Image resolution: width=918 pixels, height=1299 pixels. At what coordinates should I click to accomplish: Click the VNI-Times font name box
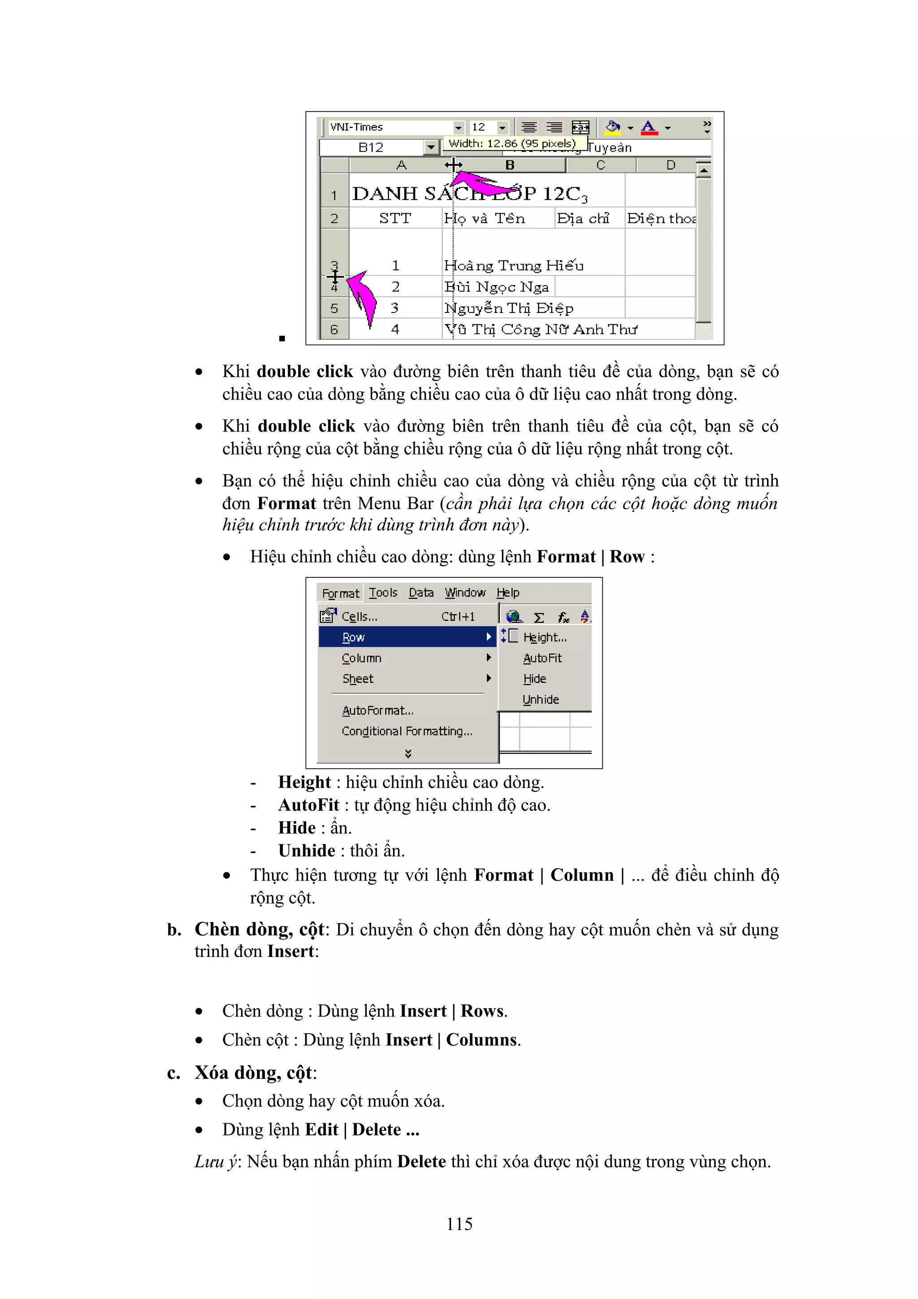point(390,127)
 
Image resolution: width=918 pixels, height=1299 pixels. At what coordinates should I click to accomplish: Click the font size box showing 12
point(483,127)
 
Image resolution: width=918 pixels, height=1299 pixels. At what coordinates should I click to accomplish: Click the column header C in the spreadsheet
point(601,165)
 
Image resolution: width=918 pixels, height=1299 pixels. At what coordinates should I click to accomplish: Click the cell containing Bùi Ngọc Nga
point(497,287)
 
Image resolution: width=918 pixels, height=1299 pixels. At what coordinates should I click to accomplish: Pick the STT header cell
point(395,218)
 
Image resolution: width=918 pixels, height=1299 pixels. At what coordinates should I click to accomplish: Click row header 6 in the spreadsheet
point(334,329)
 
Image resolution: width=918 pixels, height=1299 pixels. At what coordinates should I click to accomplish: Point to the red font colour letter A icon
point(649,127)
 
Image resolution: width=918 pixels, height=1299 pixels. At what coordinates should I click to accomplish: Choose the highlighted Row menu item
point(407,637)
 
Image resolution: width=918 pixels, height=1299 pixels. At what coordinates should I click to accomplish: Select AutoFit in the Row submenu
point(542,658)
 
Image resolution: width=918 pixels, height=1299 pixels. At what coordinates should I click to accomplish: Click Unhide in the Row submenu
point(541,699)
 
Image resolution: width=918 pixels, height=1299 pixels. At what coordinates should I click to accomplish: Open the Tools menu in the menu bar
point(383,593)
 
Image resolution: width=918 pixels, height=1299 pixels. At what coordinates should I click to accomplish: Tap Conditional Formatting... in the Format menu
point(407,731)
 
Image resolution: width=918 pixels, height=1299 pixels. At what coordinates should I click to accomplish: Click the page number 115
point(459,1224)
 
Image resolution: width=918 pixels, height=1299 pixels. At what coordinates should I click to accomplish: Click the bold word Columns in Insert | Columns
point(481,1040)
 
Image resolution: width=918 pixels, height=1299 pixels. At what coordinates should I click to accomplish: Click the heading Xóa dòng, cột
point(254,1073)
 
